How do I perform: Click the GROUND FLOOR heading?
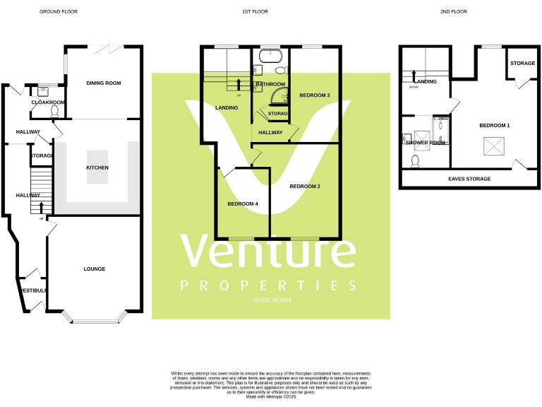tap(58, 12)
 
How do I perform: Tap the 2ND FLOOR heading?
tap(454, 12)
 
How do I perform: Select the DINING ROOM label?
tap(104, 83)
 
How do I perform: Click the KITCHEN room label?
tap(97, 167)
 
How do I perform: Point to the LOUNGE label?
tap(94, 269)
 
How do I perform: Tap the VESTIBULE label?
tap(32, 290)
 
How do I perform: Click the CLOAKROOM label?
tap(48, 102)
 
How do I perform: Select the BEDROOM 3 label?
tap(315, 95)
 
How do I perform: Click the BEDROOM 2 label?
tap(305, 187)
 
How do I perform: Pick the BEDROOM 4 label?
tap(243, 204)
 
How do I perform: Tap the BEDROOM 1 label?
tap(494, 126)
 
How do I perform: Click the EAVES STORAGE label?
tap(469, 179)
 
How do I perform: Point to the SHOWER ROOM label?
tap(426, 143)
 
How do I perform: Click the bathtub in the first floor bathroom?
tap(270, 54)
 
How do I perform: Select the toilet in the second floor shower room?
tap(415, 162)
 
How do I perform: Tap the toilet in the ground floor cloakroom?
tap(54, 112)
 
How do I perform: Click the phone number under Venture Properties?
tap(272, 300)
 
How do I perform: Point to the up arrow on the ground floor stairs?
tap(41, 206)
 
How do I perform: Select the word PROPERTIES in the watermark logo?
tap(269, 285)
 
